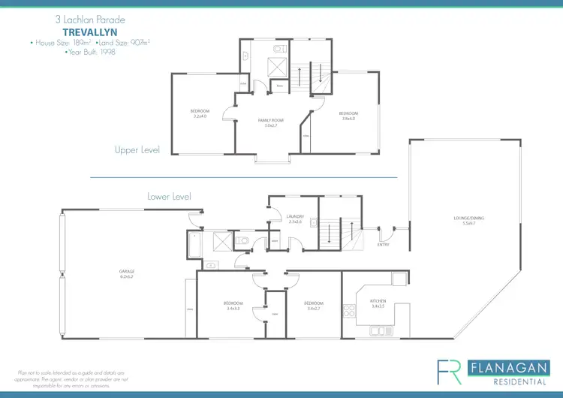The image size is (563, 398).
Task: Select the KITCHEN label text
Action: click(x=377, y=300)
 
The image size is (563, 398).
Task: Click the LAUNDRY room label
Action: click(x=295, y=217)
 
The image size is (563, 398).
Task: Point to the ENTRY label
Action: click(x=384, y=243)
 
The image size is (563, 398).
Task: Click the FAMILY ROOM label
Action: click(x=270, y=120)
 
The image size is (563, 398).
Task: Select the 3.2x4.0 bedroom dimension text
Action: click(x=200, y=116)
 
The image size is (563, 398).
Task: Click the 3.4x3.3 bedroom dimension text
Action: click(x=232, y=308)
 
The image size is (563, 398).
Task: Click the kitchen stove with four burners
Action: click(x=348, y=309)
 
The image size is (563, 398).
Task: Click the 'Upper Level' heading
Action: click(x=137, y=150)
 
